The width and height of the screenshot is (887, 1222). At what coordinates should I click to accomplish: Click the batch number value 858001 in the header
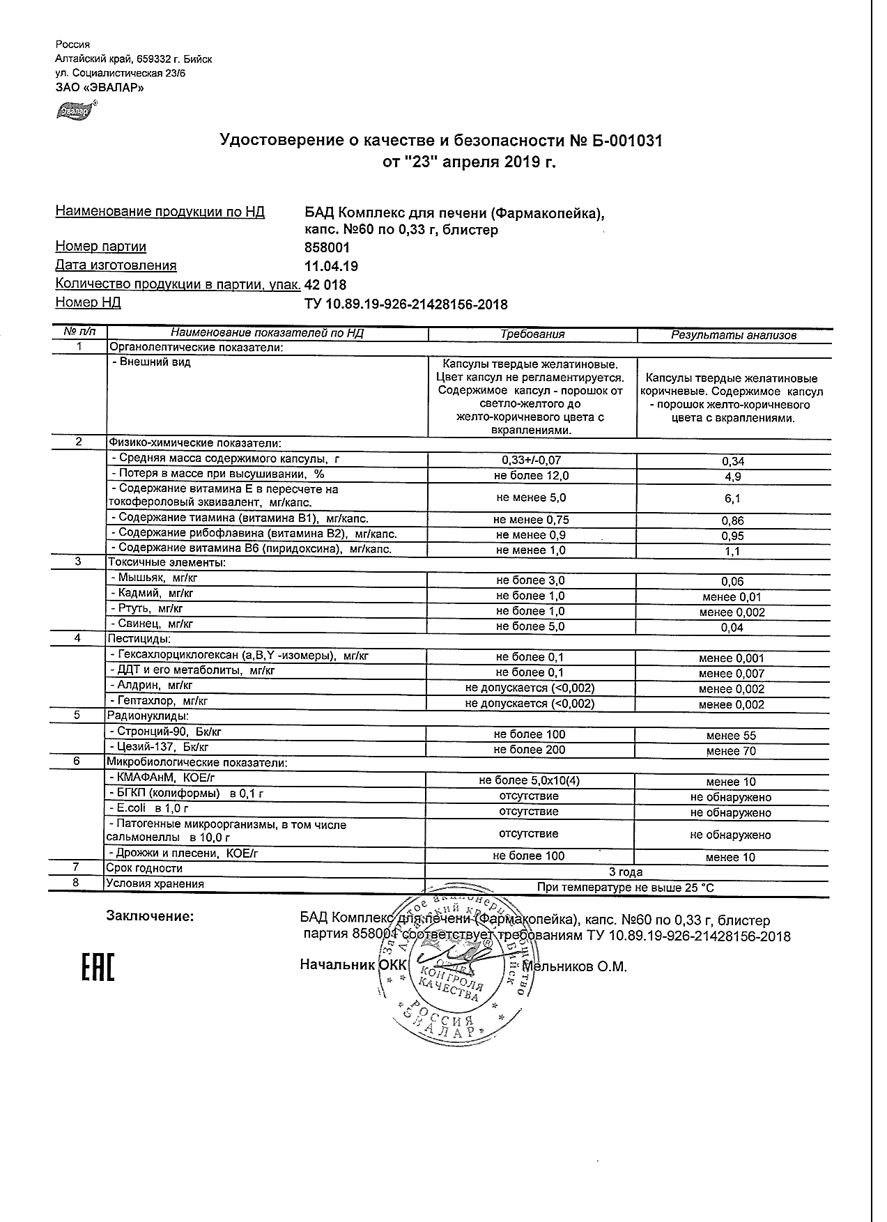[327, 247]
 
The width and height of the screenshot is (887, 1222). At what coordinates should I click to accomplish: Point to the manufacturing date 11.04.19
[332, 266]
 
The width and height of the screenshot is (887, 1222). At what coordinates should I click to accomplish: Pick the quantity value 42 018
[325, 285]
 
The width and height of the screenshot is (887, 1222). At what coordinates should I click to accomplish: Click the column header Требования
[532, 334]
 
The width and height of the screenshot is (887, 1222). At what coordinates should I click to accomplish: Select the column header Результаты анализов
[733, 335]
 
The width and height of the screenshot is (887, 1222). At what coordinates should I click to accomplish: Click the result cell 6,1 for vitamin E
[733, 499]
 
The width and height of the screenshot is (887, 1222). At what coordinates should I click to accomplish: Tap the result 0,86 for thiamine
[733, 520]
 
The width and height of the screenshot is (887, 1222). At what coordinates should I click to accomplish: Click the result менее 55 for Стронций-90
[730, 736]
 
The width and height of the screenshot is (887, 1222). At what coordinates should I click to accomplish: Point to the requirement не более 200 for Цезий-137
[530, 750]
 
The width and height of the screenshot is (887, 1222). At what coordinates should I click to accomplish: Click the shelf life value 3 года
[626, 872]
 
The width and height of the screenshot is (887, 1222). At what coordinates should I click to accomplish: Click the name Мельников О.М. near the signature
[575, 967]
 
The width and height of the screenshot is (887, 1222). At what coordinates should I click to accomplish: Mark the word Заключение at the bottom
[149, 916]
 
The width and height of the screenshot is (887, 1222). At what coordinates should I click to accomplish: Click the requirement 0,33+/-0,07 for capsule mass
[531, 461]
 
